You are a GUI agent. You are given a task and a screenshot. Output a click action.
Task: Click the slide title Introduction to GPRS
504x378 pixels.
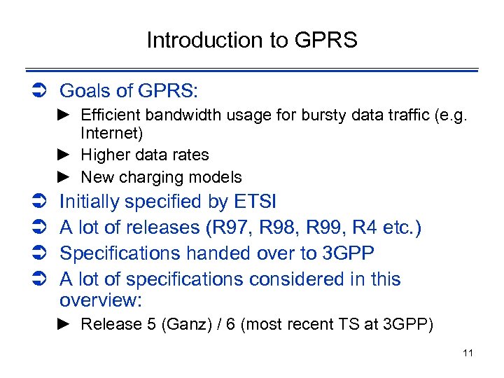[252, 41]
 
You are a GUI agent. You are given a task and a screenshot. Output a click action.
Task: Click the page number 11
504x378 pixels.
[468, 353]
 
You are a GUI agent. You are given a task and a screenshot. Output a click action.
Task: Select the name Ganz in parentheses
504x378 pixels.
[178, 324]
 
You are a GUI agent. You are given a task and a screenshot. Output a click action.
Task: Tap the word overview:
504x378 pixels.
[101, 300]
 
